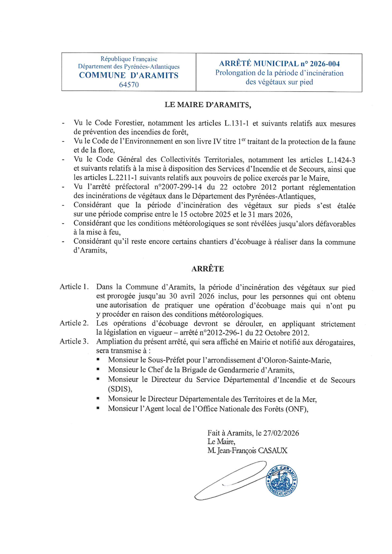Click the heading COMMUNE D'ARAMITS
128,76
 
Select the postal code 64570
128,85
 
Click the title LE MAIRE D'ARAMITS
208,105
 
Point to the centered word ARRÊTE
208,269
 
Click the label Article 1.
74,287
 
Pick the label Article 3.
74,341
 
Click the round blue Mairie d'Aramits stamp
282,480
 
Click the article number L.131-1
237,124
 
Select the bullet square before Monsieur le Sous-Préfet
99,360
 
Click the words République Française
128,59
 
